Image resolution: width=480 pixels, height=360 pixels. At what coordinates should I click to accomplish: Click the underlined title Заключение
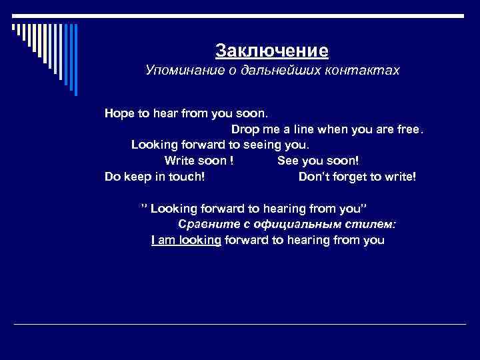pyautogui.click(x=272, y=51)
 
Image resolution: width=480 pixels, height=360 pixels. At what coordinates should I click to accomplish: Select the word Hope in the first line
pyautogui.click(x=119, y=113)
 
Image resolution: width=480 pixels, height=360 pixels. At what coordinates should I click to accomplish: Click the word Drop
pyautogui.click(x=246, y=129)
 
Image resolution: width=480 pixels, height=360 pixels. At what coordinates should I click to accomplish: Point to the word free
pyautogui.click(x=408, y=129)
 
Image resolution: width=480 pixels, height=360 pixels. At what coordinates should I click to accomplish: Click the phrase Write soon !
pyautogui.click(x=198, y=161)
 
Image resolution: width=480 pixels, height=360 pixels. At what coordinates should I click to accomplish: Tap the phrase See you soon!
pyautogui.click(x=318, y=161)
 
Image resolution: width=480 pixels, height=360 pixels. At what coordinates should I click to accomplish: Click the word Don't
pyautogui.click(x=313, y=177)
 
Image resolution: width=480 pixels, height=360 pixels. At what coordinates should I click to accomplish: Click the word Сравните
pyautogui.click(x=203, y=224)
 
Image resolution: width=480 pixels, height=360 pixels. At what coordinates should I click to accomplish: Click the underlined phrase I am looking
pyautogui.click(x=186, y=241)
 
